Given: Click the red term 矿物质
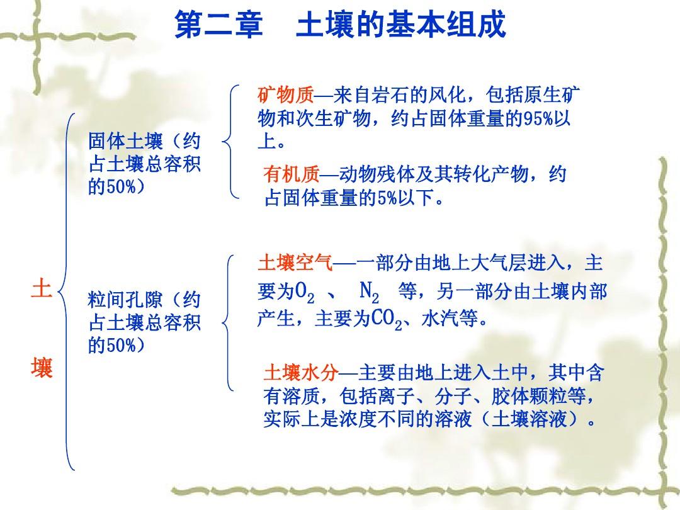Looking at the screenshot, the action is [x=285, y=95].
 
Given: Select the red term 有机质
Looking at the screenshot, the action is [x=292, y=174].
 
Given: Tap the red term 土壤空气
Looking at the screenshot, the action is [x=295, y=263].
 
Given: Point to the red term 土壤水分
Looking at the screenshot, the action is [x=301, y=373].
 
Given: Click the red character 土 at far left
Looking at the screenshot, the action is [x=42, y=289].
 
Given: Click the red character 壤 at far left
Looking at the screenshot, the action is [x=42, y=368].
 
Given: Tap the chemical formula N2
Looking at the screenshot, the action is [x=369, y=292].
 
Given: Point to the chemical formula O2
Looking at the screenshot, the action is [x=305, y=292].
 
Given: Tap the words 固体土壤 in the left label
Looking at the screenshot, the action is [x=125, y=141].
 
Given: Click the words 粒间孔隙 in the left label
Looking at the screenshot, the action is [x=125, y=300].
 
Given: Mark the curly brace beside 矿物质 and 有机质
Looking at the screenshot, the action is [x=230, y=142].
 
